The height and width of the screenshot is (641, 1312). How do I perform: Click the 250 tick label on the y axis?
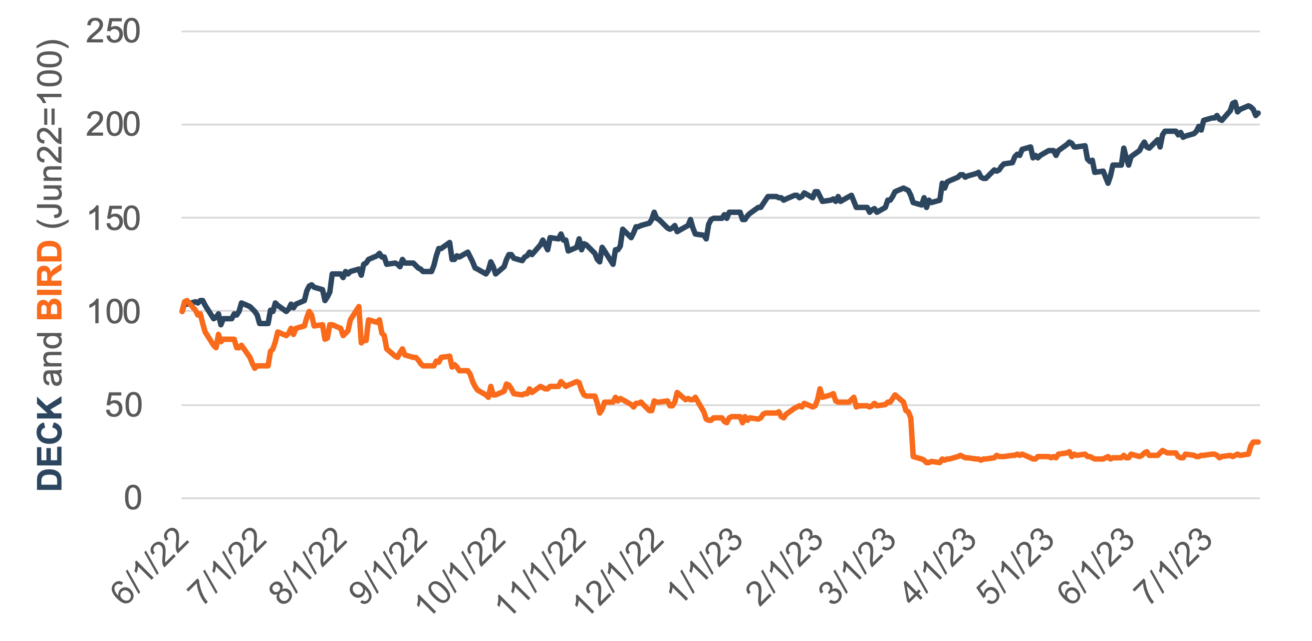113,31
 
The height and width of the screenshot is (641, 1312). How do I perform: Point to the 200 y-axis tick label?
113,125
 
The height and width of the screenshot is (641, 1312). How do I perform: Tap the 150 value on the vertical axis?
113,219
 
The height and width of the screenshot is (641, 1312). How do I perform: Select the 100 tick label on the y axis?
113,313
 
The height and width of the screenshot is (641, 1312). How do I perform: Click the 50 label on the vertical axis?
123,406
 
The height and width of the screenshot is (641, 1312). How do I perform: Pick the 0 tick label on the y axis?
132,498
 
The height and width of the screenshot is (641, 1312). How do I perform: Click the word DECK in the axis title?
50,443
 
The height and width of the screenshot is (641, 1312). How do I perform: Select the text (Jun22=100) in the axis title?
50,133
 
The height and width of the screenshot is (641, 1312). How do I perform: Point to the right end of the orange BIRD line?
1258,442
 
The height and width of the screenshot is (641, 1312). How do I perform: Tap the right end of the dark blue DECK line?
1258,113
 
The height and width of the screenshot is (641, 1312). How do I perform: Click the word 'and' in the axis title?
50,359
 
